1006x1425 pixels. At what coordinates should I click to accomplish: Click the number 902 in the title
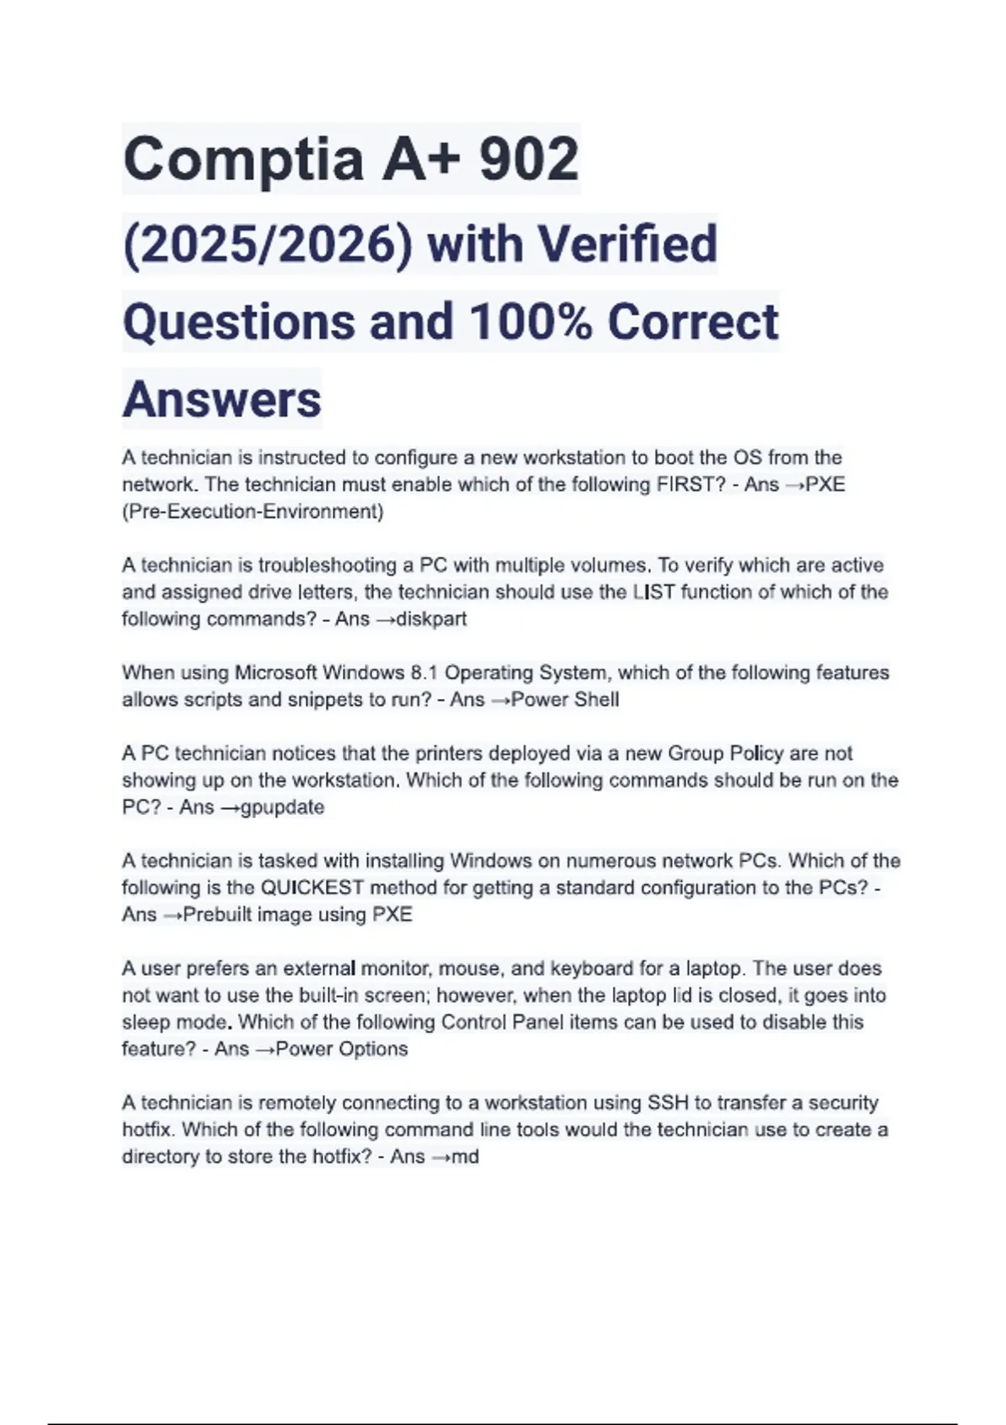(x=529, y=159)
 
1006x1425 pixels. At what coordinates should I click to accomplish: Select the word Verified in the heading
(x=627, y=244)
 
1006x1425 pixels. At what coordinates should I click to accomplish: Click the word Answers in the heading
(x=221, y=400)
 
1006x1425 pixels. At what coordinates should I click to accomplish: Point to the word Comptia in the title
(x=243, y=159)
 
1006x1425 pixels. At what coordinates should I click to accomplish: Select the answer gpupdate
(x=283, y=807)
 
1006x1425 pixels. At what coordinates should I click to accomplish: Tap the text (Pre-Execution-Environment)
(x=252, y=511)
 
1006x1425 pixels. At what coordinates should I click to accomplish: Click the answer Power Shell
(x=565, y=700)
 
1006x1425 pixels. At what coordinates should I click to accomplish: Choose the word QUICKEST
(x=312, y=888)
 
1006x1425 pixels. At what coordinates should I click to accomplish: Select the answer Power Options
(x=341, y=1049)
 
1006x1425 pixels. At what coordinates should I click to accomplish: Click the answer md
(x=465, y=1157)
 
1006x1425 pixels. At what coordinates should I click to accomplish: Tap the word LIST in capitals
(x=654, y=592)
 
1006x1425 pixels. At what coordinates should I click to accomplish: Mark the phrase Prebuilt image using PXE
(x=298, y=915)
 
